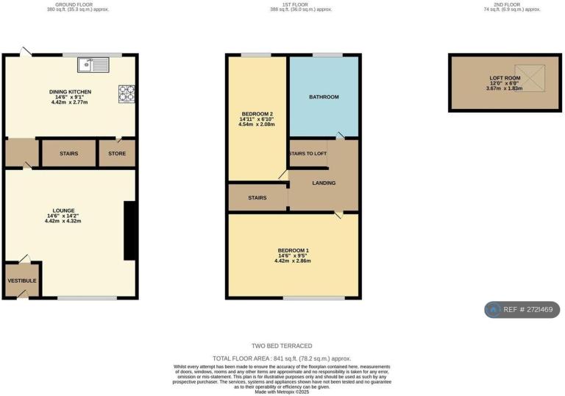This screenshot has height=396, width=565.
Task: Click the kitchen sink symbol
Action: pyautogui.click(x=96, y=66)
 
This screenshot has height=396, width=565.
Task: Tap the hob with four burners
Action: pyautogui.click(x=127, y=93)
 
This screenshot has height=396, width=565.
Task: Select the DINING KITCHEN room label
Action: pyautogui.click(x=70, y=92)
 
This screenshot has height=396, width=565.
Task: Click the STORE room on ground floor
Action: pyautogui.click(x=117, y=154)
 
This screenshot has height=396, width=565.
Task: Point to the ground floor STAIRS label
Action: pyautogui.click(x=69, y=154)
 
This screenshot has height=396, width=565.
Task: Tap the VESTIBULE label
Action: pyautogui.click(x=22, y=281)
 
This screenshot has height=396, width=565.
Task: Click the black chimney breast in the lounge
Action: pyautogui.click(x=129, y=230)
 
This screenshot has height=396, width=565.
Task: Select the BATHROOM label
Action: pyautogui.click(x=324, y=96)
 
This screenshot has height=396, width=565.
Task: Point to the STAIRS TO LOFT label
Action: pyautogui.click(x=308, y=153)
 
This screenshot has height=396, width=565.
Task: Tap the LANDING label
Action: pyautogui.click(x=324, y=183)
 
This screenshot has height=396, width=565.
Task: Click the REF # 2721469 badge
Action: pyautogui.click(x=522, y=310)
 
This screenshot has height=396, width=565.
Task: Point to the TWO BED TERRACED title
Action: pyautogui.click(x=282, y=346)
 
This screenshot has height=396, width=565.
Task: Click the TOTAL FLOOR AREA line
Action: pyautogui.click(x=282, y=358)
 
